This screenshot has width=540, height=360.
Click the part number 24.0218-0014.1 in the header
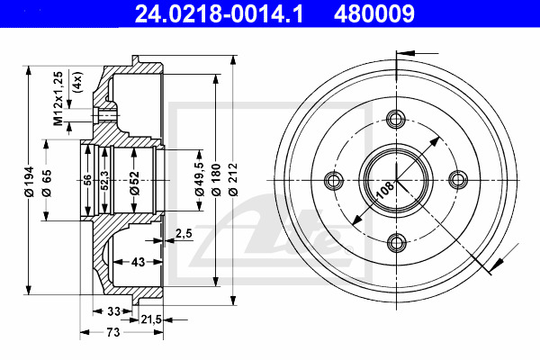219,13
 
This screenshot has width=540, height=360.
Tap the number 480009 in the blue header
374,13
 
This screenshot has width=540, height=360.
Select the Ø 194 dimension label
30,181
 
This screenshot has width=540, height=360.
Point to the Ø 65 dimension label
47,183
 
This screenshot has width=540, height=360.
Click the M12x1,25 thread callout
58,98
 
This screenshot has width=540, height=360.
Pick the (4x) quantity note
77,82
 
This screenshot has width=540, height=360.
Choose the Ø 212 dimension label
233,179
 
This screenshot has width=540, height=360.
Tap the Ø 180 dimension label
216,179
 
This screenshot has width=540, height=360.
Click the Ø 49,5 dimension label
200,179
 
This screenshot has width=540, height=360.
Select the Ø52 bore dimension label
135,184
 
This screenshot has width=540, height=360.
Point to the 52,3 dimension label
104,180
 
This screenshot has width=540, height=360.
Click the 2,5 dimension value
184,234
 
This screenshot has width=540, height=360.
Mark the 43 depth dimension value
138,262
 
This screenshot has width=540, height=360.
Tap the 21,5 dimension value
151,319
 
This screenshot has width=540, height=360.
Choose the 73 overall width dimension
113,332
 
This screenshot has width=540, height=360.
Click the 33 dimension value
113,311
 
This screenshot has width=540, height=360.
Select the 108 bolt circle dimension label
384,190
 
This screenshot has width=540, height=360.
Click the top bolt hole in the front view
396,119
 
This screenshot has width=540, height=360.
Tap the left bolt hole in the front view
334,180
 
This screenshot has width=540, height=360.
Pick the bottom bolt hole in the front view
397,242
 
